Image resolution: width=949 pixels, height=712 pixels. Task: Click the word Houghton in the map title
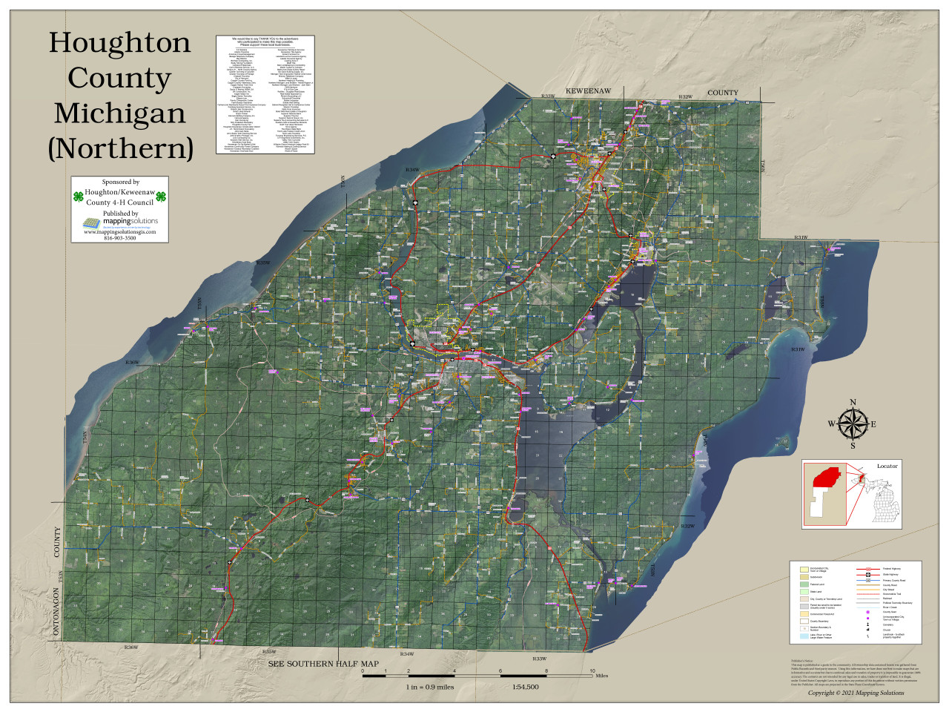[119, 42]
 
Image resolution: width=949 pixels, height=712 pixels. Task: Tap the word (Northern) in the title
[120, 148]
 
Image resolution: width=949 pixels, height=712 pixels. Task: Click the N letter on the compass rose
[853, 403]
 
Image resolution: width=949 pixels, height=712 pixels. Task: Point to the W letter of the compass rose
[832, 424]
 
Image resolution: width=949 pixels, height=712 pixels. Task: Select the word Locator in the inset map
[887, 466]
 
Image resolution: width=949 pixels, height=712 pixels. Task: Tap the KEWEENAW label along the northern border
[588, 91]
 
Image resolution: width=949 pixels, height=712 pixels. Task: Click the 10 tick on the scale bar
[592, 670]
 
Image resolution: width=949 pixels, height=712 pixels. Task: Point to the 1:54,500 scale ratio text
[525, 687]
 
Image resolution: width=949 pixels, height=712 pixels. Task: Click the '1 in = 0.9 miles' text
[429, 687]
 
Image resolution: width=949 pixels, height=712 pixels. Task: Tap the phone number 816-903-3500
[120, 238]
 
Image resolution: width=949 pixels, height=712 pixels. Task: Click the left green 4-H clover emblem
[78, 197]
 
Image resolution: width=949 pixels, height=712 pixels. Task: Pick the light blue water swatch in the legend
[804, 636]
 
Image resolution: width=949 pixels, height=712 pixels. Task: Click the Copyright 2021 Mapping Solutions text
[856, 693]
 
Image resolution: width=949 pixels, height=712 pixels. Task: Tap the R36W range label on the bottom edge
[130, 647]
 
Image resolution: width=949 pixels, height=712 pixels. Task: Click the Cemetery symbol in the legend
[867, 624]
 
